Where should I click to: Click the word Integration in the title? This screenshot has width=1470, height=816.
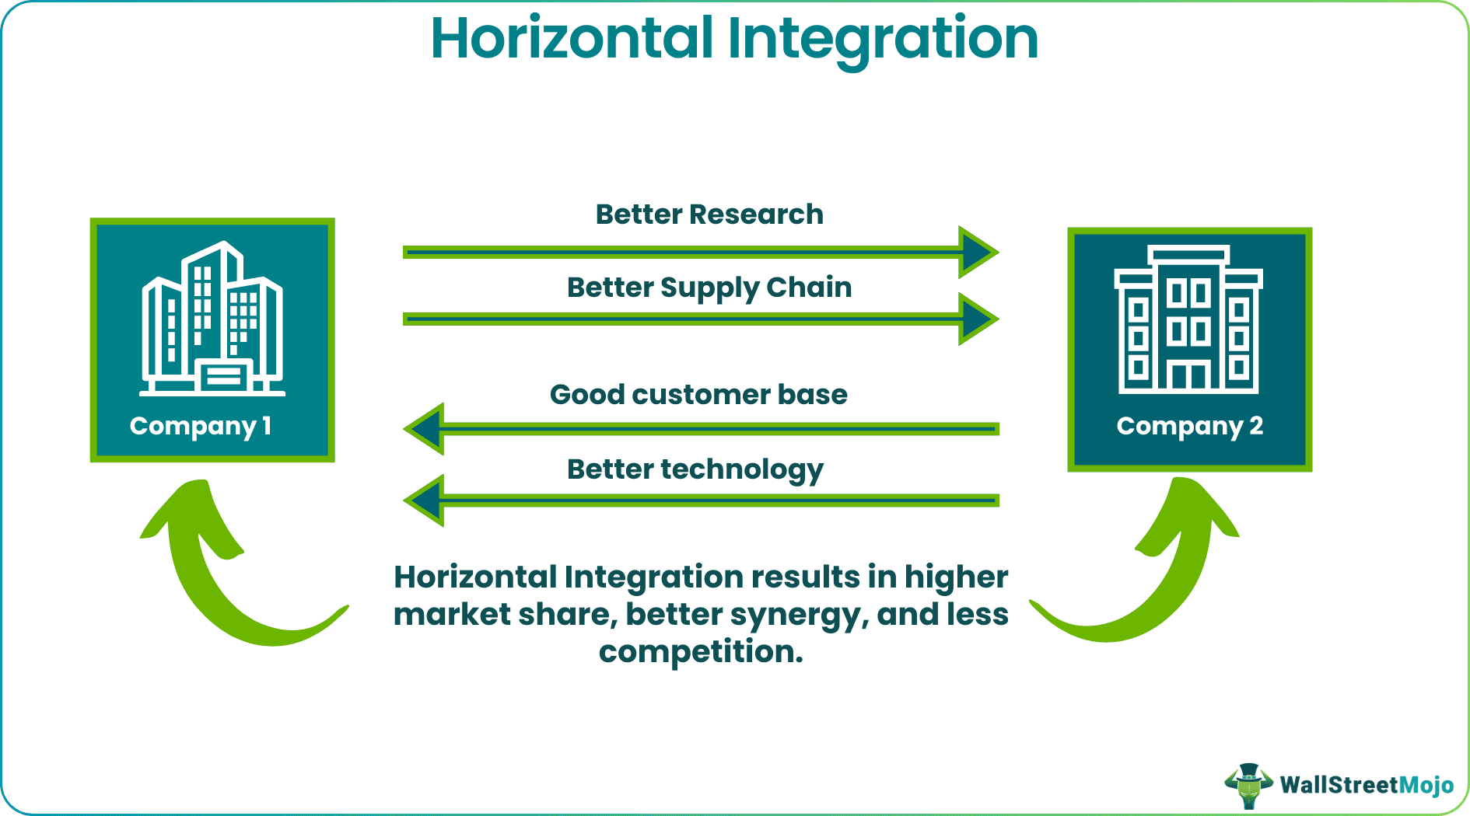(882, 39)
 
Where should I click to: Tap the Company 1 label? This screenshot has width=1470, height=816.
(201, 426)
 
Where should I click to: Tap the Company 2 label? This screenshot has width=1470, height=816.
(1189, 426)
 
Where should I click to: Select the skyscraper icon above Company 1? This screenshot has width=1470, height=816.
(212, 319)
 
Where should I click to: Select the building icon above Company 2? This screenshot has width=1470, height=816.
(1188, 319)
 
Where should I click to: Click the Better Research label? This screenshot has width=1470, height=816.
(709, 214)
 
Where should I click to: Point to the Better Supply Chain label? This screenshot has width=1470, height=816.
(709, 288)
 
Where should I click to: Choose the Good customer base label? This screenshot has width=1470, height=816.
(698, 395)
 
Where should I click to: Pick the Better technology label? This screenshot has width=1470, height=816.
(695, 470)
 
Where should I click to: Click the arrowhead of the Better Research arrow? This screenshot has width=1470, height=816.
(976, 252)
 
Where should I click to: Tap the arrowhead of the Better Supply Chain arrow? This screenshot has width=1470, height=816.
(976, 319)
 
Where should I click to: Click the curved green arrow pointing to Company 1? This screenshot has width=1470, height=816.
(226, 575)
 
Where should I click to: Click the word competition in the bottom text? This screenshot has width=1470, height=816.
(700, 651)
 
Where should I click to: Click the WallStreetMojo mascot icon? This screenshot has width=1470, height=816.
(1248, 786)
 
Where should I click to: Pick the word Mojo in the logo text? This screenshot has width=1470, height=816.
(1426, 786)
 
